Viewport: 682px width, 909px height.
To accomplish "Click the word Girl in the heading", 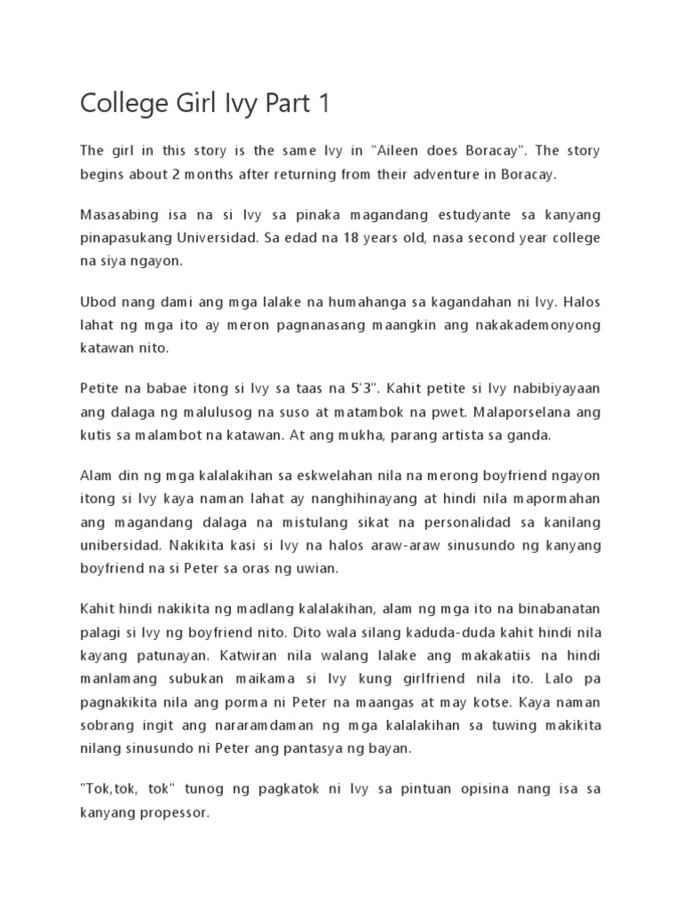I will [x=179, y=105].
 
